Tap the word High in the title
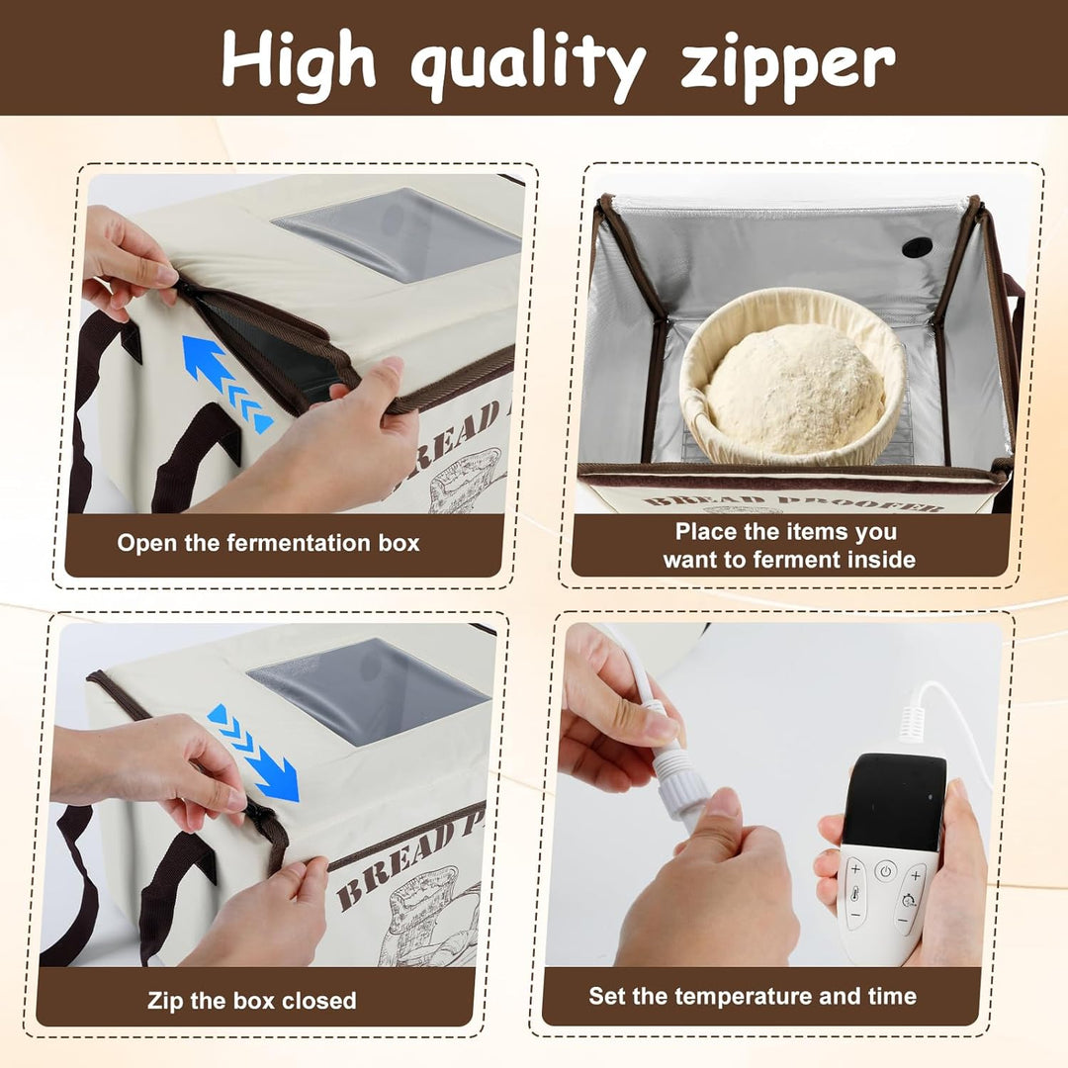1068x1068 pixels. pyautogui.click(x=299, y=60)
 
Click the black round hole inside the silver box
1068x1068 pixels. pyautogui.click(x=917, y=247)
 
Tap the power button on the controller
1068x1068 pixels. pyautogui.click(x=885, y=871)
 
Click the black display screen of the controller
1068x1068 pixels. pyautogui.click(x=894, y=801)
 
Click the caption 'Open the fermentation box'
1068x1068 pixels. pyautogui.click(x=268, y=543)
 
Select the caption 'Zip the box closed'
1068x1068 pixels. pyautogui.click(x=252, y=1000)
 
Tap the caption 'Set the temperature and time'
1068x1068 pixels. pyautogui.click(x=753, y=996)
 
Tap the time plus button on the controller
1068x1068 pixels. pyautogui.click(x=916, y=875)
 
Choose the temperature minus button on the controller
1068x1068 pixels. pyautogui.click(x=855, y=916)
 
